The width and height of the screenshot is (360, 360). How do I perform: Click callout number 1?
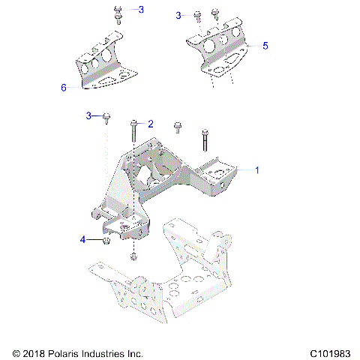tap(257, 170)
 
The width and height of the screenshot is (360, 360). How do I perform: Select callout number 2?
tap(150, 123)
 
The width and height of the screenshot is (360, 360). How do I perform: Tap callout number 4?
tap(84, 240)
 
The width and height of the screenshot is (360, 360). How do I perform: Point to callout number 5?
tap(265, 45)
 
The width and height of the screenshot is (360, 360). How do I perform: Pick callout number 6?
tap(64, 87)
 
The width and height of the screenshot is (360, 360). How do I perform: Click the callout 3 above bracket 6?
tap(141, 10)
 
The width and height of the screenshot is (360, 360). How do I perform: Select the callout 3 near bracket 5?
tap(178, 15)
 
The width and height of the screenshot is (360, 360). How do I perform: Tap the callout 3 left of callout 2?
tap(88, 115)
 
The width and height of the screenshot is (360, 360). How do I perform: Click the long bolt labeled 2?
tap(133, 132)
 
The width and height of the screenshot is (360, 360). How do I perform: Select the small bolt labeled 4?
tap(106, 241)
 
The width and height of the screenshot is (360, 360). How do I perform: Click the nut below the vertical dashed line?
tap(133, 258)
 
